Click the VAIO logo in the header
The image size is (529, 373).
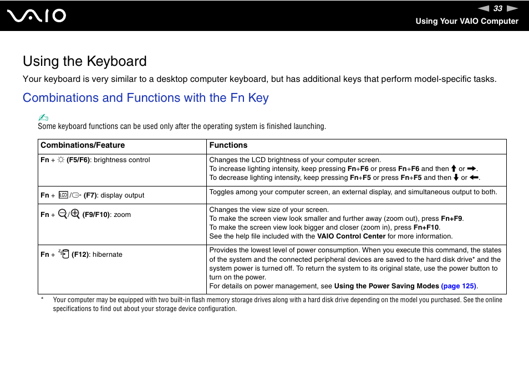point(37,16)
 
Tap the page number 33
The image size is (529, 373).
point(498,8)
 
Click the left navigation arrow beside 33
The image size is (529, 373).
point(484,8)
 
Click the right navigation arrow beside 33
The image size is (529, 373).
point(512,8)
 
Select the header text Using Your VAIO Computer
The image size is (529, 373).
point(467,21)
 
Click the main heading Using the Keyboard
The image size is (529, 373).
point(85,61)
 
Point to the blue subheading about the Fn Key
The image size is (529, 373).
point(145,98)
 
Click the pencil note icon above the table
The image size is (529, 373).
point(44,117)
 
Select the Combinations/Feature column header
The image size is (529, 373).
point(83,146)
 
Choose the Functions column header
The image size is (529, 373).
point(228,146)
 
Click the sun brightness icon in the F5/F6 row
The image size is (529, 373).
point(61,160)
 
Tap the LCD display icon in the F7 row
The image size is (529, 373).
point(63,195)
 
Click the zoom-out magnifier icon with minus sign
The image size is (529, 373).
point(62,214)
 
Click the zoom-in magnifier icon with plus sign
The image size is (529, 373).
point(75,214)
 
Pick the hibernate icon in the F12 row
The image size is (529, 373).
point(64,254)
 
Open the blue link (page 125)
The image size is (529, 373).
point(459,286)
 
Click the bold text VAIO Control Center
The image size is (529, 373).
point(351,236)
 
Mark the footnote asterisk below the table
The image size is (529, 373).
point(42,300)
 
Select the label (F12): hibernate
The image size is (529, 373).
point(97,255)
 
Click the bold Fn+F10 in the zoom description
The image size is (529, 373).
point(426,227)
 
